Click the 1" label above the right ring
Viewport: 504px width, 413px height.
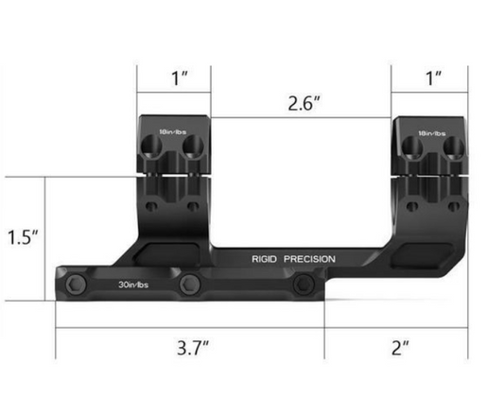432,78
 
